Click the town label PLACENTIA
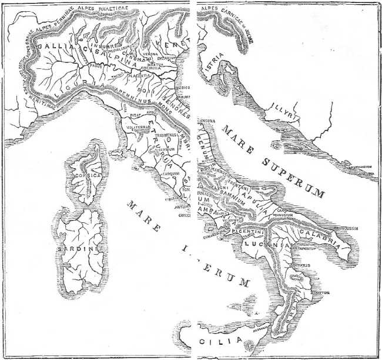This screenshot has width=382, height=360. point(139,76)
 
